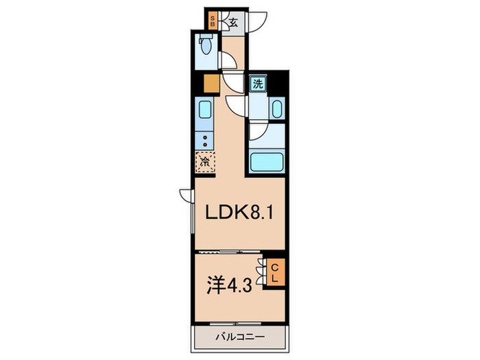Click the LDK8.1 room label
pyautogui.click(x=238, y=213)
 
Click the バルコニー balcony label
pyautogui.click(x=238, y=337)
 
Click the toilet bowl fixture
pyautogui.click(x=206, y=47)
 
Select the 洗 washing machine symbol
pyautogui.click(x=258, y=85)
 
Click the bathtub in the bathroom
pyautogui.click(x=267, y=163)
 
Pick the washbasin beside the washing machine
pyautogui.click(x=276, y=110)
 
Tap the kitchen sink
pyautogui.click(x=205, y=110)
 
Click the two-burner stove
pyautogui.click(x=205, y=140)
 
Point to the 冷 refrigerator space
pyautogui.click(x=205, y=163)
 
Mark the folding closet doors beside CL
pyautogui.click(x=260, y=273)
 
